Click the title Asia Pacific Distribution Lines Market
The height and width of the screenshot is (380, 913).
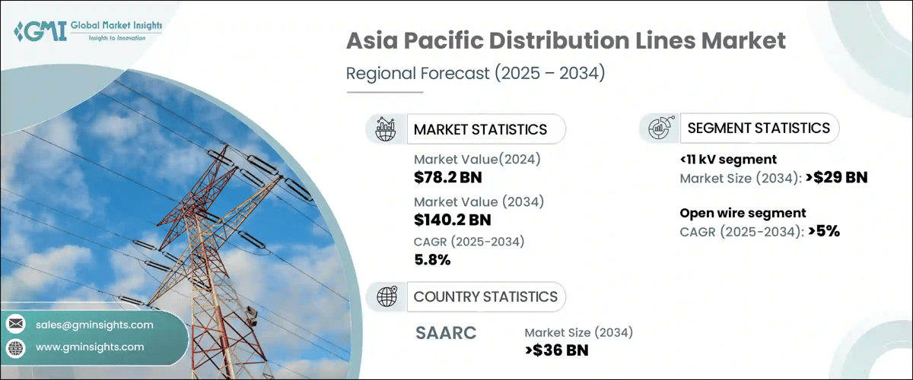pos(565,40)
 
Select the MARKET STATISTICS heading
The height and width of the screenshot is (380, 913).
pos(480,129)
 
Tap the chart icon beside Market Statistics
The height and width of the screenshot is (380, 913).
pos(386,129)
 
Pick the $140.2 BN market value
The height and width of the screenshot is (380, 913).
pos(453,220)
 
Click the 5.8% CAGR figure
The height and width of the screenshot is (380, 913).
pos(432,260)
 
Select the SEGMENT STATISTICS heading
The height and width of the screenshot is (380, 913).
pos(759,128)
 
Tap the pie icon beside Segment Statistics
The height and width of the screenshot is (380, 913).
pos(659,128)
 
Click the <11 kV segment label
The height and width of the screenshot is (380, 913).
pos(728,159)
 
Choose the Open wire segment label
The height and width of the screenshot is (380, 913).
pos(743,213)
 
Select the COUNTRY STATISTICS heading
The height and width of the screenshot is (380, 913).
pos(485,296)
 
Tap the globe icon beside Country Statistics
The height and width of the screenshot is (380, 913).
pos(387,296)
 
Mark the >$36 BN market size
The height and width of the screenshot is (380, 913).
pos(556,350)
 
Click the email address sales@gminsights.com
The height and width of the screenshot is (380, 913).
pos(94,325)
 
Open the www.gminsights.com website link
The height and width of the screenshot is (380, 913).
pos(90,347)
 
